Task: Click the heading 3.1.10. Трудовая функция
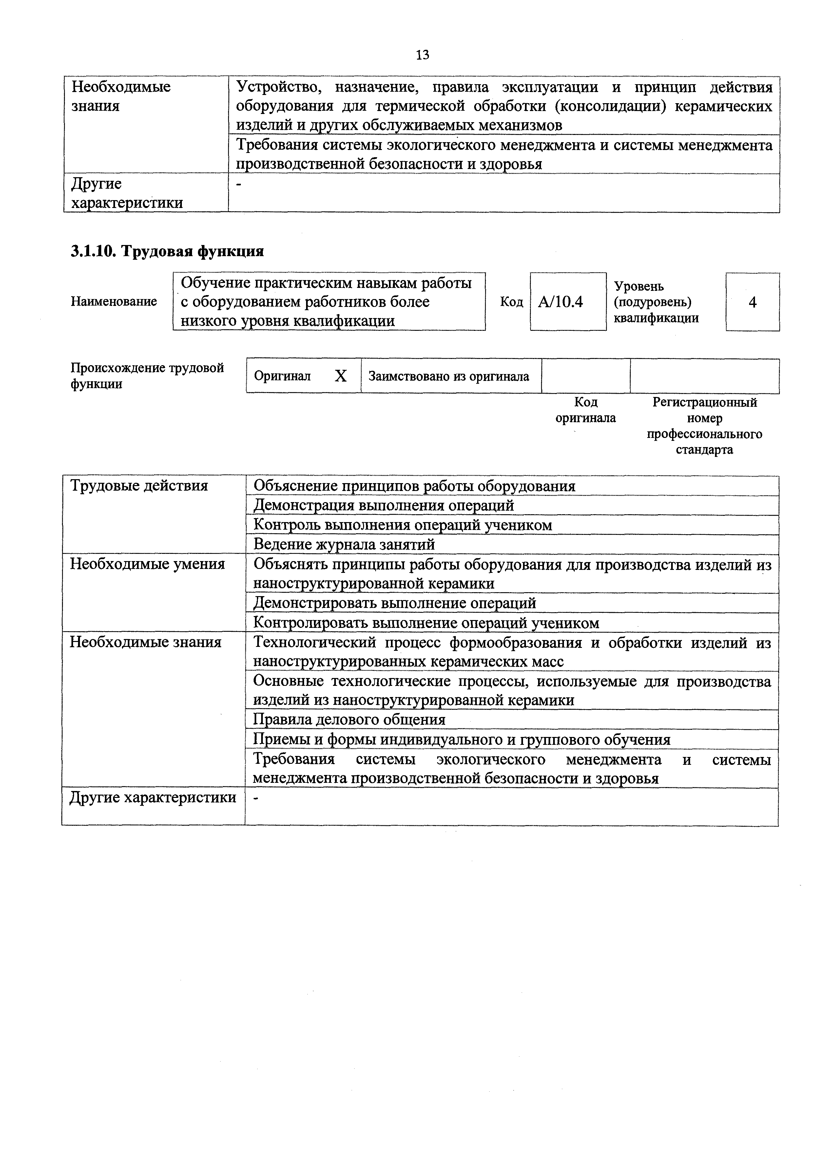pyautogui.click(x=167, y=251)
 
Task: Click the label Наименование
pyautogui.click(x=114, y=301)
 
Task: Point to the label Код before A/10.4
pyautogui.click(x=511, y=302)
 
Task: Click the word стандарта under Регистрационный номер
pyautogui.click(x=704, y=449)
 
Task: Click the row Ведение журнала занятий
pyautogui.click(x=344, y=544)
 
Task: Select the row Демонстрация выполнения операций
pyautogui.click(x=383, y=505)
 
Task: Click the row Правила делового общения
pyautogui.click(x=349, y=720)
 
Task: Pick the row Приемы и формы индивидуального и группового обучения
pyautogui.click(x=462, y=740)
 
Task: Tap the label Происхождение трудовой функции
pyautogui.click(x=147, y=376)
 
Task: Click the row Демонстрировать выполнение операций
pyautogui.click(x=395, y=603)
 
